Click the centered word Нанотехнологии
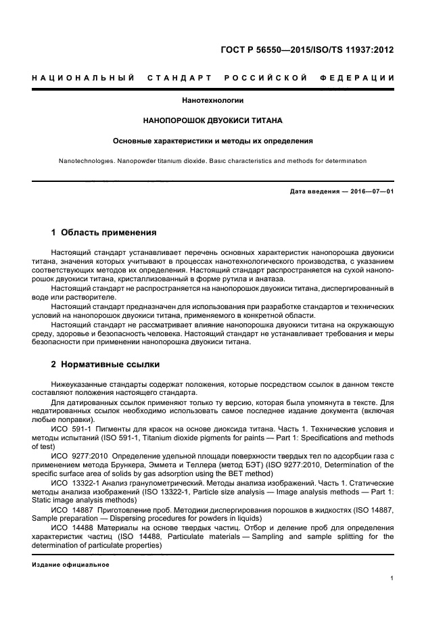[213, 101]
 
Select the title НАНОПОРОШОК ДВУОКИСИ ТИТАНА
[213, 121]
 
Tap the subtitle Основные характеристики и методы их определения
[213, 141]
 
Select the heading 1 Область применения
[104, 233]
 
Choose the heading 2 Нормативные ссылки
[105, 365]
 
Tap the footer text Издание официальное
[71, 565]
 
